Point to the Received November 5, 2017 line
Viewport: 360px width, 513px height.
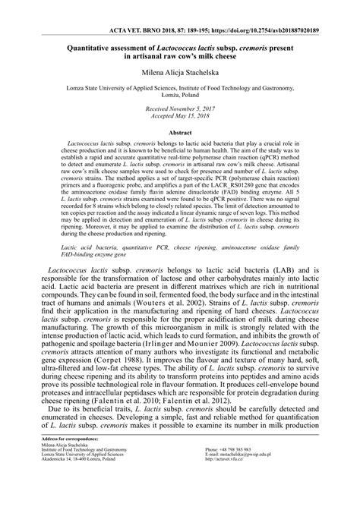(180, 109)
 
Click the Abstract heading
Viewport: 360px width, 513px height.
(180, 132)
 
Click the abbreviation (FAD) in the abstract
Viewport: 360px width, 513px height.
(219, 200)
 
